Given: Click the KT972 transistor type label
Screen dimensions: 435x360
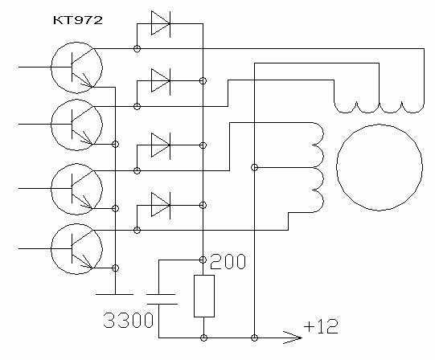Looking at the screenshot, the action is pyautogui.click(x=78, y=20).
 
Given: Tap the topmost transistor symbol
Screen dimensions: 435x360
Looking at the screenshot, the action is pyautogui.click(x=77, y=67).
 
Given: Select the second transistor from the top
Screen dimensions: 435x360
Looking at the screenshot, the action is pyautogui.click(x=77, y=125).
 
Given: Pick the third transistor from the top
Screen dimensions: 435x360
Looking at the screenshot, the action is pyautogui.click(x=77, y=189).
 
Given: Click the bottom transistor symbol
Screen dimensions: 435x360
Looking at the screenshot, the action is pyautogui.click(x=77, y=249).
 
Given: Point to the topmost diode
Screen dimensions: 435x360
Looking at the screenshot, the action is pyautogui.click(x=161, y=24).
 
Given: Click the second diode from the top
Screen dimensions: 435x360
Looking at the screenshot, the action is pyautogui.click(x=161, y=81).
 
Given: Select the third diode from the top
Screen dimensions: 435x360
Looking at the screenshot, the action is pyautogui.click(x=161, y=145).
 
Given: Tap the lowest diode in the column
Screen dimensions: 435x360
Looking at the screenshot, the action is pyautogui.click(x=161, y=205).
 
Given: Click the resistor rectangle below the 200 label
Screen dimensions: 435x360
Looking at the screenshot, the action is pyautogui.click(x=204, y=296).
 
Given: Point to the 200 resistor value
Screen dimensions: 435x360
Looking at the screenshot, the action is pyautogui.click(x=228, y=261).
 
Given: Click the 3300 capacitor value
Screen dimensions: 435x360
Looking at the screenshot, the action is pyautogui.click(x=129, y=320).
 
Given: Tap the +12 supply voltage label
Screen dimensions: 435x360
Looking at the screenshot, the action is pyautogui.click(x=321, y=326).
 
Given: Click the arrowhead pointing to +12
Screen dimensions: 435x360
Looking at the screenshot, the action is pyautogui.click(x=292, y=337).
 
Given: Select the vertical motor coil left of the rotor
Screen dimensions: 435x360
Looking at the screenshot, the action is pyautogui.click(x=318, y=167).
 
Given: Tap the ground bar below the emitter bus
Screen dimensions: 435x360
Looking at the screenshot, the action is pyautogui.click(x=114, y=294).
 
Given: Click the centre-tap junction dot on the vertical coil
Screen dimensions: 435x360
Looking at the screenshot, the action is pyautogui.click(x=254, y=167).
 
